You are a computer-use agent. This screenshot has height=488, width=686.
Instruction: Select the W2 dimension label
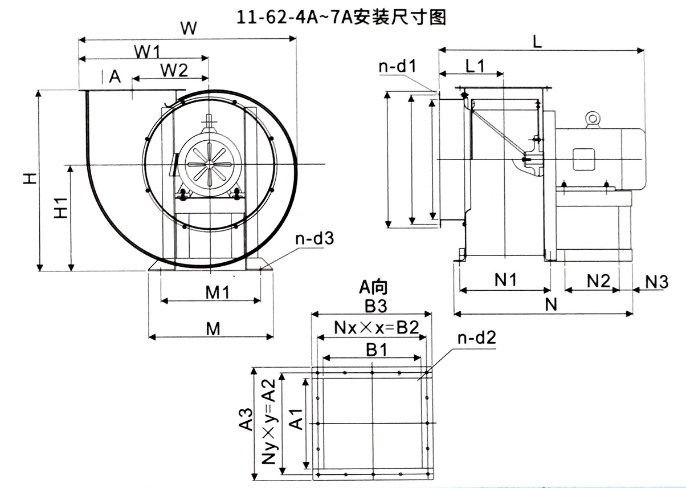173,71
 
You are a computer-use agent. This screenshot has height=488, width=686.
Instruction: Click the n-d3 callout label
313,238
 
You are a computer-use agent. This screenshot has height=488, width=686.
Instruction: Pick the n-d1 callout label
398,67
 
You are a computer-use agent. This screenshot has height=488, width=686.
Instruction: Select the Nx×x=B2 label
377,328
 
